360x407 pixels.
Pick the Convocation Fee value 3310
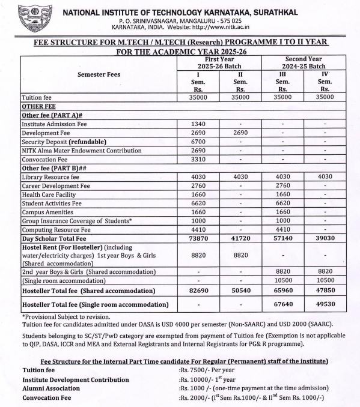tap(198, 160)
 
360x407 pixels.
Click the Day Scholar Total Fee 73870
tap(198, 238)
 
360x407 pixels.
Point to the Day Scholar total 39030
tap(324, 238)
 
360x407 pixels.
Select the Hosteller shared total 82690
tap(198, 291)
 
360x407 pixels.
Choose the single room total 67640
tap(282, 304)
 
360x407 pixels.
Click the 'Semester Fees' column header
tap(99, 75)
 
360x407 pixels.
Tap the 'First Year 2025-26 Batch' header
tap(219, 63)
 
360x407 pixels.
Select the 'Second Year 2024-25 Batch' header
tap(303, 63)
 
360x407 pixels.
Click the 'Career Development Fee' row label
tap(55, 186)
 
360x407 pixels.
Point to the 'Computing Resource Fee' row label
tap(56, 229)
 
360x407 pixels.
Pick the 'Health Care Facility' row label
tap(50, 195)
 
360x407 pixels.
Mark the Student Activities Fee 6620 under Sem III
tap(282, 203)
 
